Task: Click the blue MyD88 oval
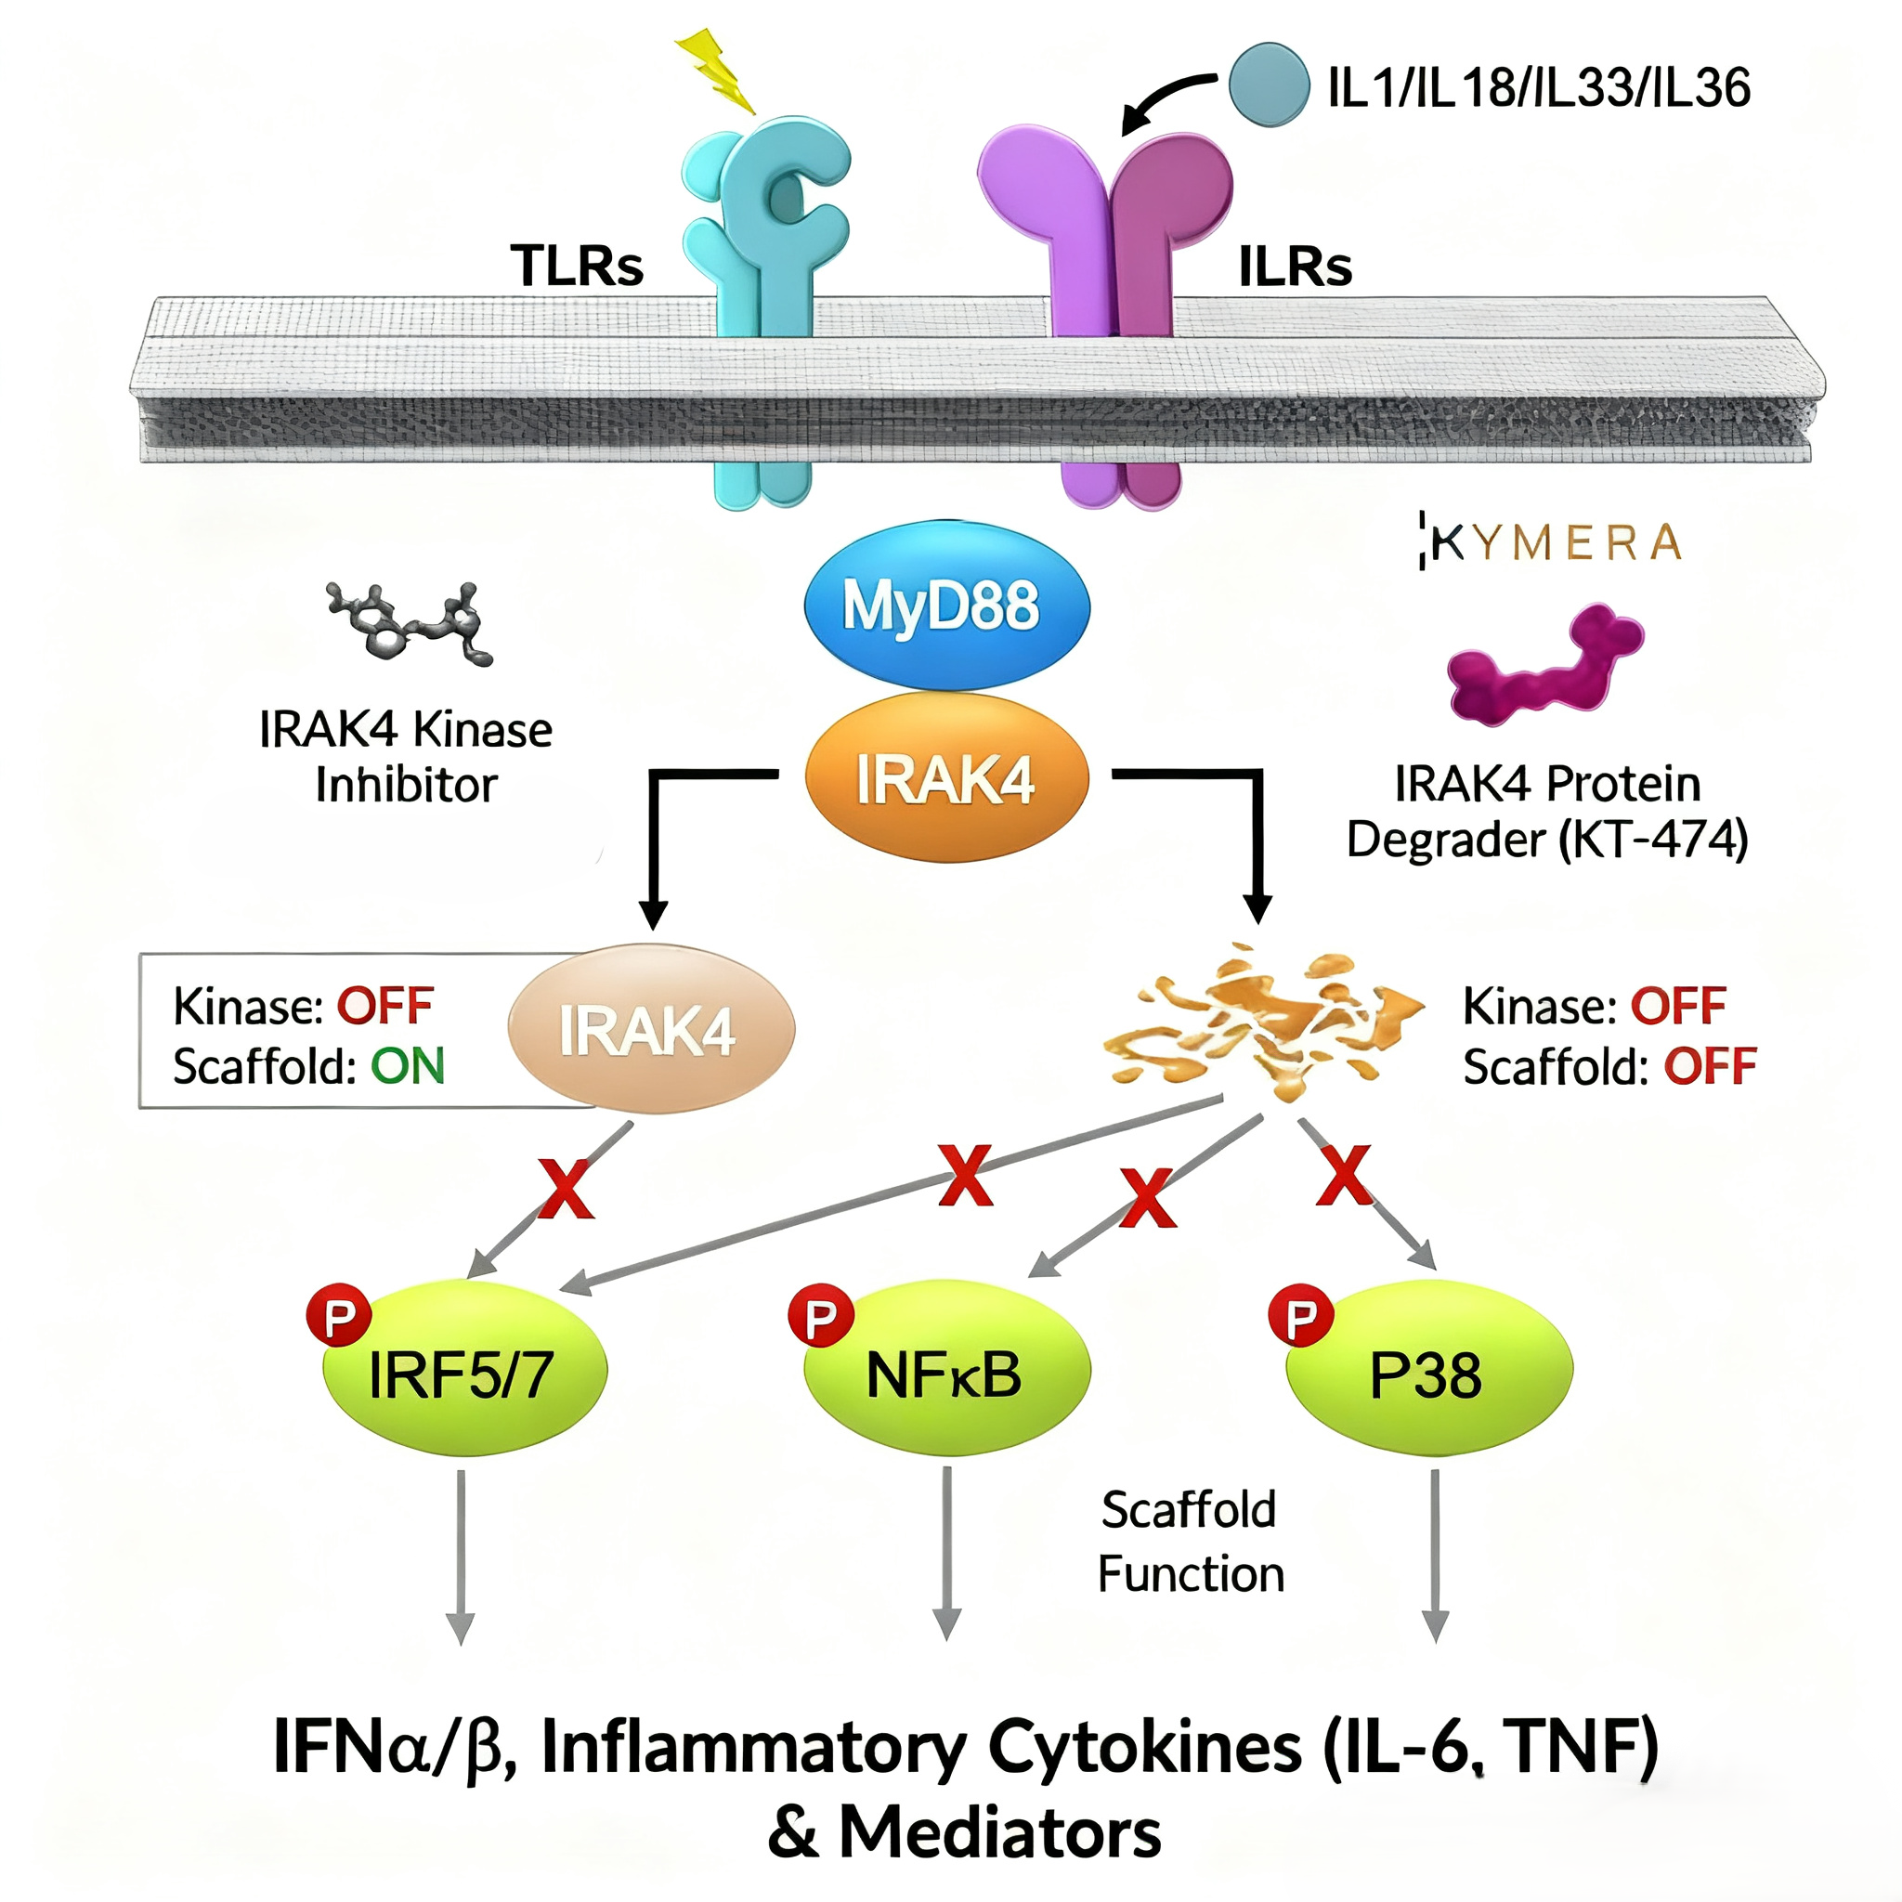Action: (x=946, y=604)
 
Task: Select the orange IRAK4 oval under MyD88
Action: (x=946, y=778)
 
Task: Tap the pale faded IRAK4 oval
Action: (x=651, y=1030)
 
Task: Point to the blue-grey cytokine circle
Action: (x=1269, y=85)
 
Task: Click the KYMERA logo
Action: (x=1550, y=541)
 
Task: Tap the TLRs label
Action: (x=577, y=266)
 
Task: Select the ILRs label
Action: (x=1295, y=266)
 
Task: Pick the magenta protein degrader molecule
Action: (x=1544, y=667)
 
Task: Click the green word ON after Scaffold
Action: (x=408, y=1066)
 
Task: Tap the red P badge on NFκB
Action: (x=820, y=1315)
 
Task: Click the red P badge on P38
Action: (x=1300, y=1315)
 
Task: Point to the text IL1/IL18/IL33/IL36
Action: (x=1539, y=88)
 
